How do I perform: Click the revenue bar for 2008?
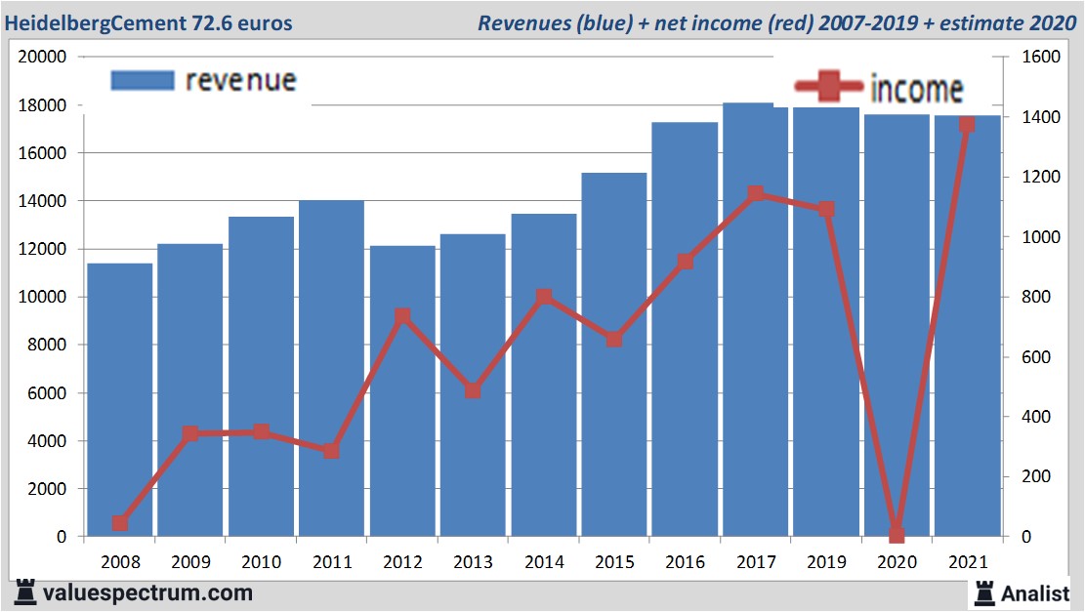tap(119, 400)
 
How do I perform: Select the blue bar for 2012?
tap(402, 390)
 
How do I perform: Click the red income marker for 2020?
tap(897, 534)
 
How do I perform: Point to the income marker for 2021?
tap(967, 124)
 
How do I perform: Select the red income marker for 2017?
tap(755, 194)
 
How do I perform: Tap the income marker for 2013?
tap(473, 390)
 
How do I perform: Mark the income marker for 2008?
tap(119, 523)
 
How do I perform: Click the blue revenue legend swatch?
tap(143, 80)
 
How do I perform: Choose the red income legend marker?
tap(828, 89)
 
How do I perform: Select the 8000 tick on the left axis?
tap(46, 345)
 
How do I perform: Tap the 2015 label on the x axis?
tap(614, 562)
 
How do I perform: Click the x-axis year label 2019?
tap(826, 562)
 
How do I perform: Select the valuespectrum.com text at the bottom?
tap(146, 592)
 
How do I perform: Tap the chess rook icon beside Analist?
tap(984, 592)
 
